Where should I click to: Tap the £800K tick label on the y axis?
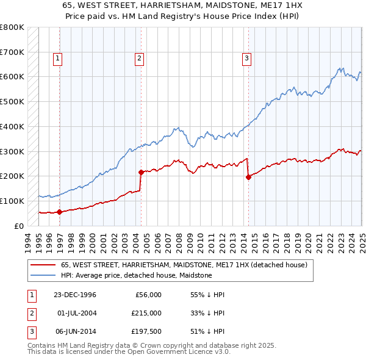12,27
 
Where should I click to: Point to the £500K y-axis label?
12,102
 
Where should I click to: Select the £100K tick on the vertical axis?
12,201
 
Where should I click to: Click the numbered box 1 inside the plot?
57,59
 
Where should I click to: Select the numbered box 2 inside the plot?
139,59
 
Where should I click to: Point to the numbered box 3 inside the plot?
246,59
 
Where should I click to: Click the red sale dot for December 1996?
60,212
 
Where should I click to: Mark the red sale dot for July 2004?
141,172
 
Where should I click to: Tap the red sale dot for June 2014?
248,177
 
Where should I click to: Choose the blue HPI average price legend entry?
136,275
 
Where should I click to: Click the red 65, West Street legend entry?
187,265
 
